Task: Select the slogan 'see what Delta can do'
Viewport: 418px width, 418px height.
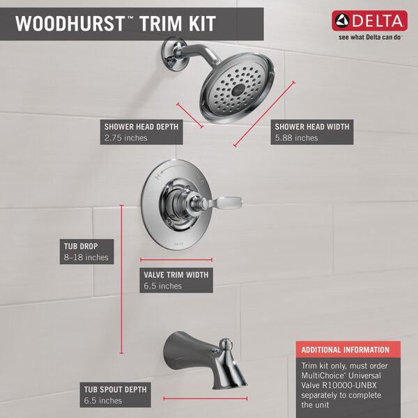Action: coord(371,39)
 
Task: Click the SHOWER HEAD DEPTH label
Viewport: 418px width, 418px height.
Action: coord(141,127)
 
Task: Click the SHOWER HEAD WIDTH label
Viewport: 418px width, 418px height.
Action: coord(311,127)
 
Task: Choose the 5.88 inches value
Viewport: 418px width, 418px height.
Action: coord(296,138)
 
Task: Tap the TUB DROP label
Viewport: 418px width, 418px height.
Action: coord(79,246)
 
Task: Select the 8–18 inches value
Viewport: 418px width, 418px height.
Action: coord(84,257)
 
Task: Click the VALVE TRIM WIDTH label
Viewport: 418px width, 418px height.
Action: coord(176,274)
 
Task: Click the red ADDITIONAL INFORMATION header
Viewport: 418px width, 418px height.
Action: coord(345,350)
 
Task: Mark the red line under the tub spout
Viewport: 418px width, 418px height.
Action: coord(206,398)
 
